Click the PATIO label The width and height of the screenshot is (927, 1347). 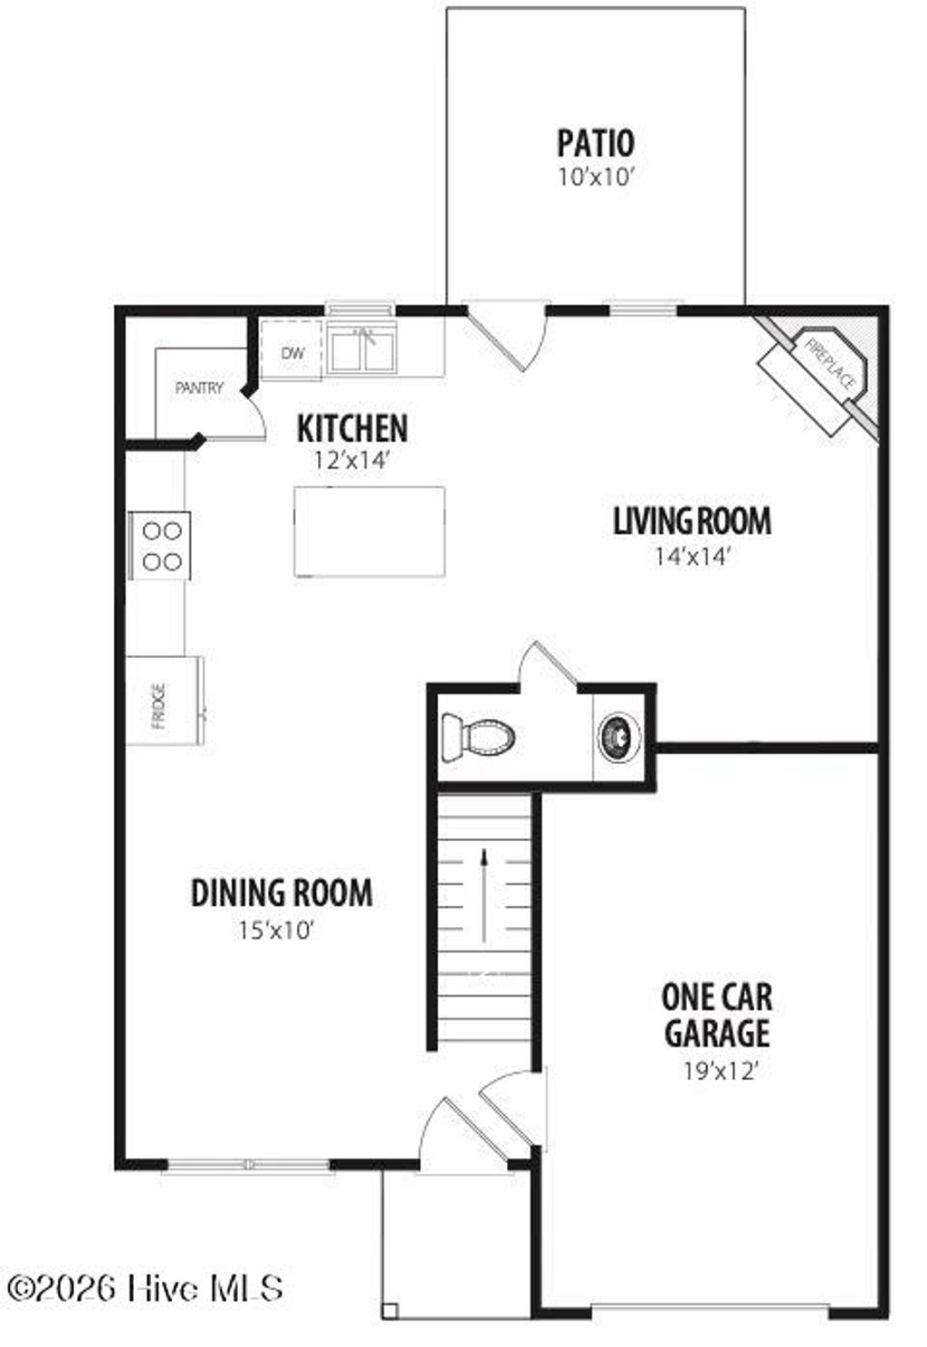[595, 143]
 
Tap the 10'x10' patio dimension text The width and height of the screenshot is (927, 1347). [595, 177]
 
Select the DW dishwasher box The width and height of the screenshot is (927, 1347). [291, 351]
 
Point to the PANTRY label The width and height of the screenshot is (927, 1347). [199, 388]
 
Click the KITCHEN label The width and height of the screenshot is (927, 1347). [352, 428]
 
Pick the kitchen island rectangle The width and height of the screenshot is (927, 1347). [369, 530]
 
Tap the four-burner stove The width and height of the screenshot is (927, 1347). [160, 546]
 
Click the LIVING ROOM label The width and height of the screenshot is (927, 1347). [692, 521]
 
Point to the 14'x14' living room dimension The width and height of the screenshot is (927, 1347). [692, 556]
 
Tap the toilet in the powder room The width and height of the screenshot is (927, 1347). [478, 736]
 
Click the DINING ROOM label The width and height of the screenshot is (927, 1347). [282, 893]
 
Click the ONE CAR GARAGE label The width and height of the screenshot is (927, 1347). [716, 1015]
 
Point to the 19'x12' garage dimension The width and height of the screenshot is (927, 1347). [720, 1072]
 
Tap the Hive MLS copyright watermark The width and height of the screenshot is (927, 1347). [145, 1287]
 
